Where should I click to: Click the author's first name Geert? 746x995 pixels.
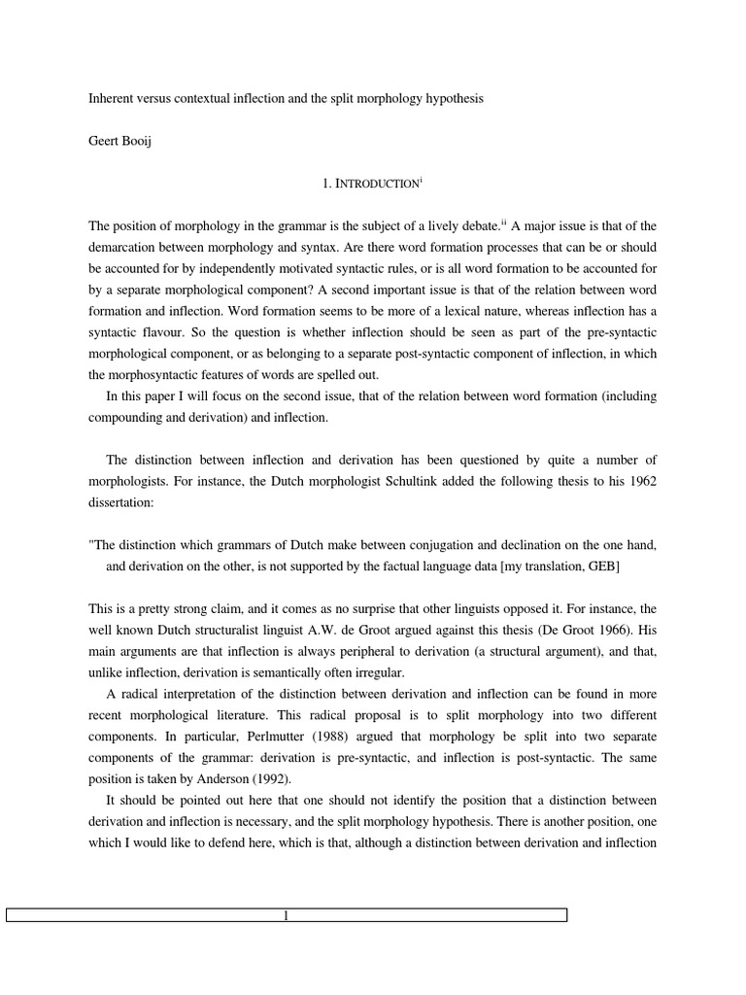(x=105, y=141)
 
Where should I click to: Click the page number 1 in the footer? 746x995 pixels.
(x=287, y=915)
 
